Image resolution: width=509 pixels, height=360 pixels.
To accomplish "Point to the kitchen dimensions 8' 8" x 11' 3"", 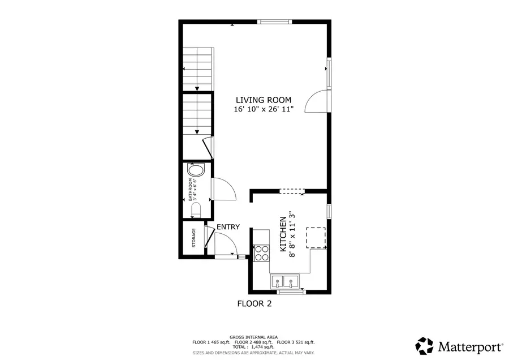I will click(292, 234).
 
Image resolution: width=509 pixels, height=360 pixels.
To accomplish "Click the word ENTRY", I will click(228, 227).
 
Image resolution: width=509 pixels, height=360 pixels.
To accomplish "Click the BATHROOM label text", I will click(190, 190).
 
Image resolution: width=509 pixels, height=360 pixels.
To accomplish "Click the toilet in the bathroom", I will click(196, 211).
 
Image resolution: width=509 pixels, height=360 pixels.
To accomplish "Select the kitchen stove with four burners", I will click(261, 252).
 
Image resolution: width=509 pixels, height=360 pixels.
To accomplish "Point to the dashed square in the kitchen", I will click(316, 237).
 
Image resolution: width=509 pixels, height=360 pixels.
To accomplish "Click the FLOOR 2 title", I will click(254, 304).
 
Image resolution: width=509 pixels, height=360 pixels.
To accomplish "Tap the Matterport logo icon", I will click(425, 345).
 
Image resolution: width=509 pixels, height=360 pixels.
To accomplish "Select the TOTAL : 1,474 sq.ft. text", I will click(253, 347).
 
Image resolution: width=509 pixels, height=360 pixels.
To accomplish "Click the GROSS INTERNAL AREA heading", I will click(253, 337).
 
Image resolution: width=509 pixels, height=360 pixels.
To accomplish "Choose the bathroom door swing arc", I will click(223, 188).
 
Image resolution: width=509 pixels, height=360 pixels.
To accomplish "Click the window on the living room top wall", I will click(275, 22).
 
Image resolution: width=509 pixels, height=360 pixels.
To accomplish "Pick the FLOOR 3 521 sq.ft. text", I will click(295, 342).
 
